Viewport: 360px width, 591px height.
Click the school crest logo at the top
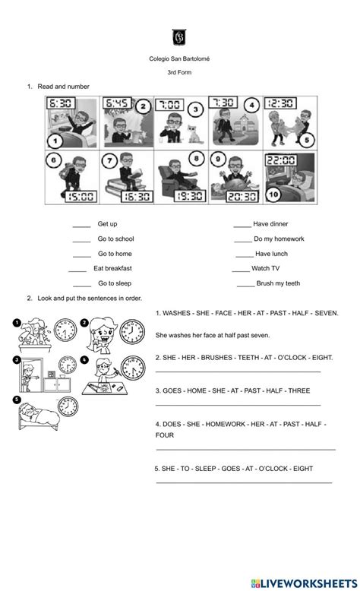pos(180,37)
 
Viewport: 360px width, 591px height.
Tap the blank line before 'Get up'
pos(82,225)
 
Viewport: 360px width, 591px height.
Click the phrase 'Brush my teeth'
pos(279,283)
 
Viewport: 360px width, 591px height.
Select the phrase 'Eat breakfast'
pos(112,268)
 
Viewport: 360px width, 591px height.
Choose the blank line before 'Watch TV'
pos(240,269)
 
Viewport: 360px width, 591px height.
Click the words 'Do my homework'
pos(279,239)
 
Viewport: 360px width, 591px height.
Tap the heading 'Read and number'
pos(64,87)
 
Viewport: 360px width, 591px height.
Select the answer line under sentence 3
pos(238,405)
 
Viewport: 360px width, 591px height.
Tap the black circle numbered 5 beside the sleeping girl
pos(17,400)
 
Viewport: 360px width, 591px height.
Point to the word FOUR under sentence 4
pos(165,435)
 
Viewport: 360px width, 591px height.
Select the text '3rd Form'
pos(180,74)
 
